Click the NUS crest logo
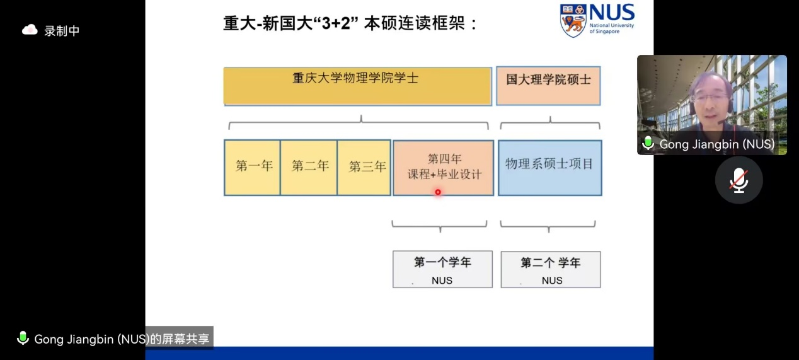[573, 21]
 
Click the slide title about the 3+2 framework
[350, 23]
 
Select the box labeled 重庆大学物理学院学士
[357, 85]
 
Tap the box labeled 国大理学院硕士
[548, 85]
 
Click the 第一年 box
[252, 167]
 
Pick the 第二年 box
[309, 167]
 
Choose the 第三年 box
[365, 167]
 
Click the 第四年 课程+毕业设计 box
[443, 167]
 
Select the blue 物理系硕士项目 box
[549, 167]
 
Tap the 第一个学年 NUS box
[442, 269]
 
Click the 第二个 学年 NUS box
[550, 269]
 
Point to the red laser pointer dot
[438, 192]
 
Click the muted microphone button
[739, 180]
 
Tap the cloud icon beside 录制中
[30, 30]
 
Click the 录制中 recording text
[62, 31]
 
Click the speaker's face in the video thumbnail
[711, 98]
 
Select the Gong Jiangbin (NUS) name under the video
[717, 144]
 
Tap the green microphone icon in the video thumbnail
[647, 144]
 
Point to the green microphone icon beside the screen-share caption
[23, 339]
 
